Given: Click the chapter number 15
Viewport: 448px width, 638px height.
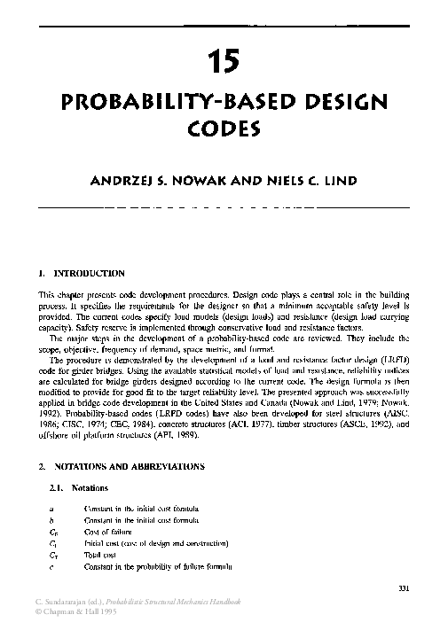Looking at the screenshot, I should tap(224, 62).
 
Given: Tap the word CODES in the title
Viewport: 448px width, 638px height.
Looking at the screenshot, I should tap(224, 128).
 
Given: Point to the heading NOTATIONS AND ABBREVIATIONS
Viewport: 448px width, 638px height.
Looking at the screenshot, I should tap(130, 465).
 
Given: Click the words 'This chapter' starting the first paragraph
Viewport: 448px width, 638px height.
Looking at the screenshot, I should tap(62, 293).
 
